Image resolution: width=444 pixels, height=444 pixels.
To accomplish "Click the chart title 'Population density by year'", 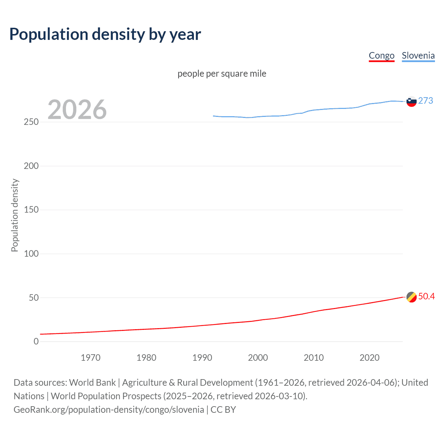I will [x=105, y=34].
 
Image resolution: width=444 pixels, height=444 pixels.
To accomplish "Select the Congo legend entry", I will [x=382, y=55].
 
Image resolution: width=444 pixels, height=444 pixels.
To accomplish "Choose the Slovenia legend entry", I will [x=418, y=55].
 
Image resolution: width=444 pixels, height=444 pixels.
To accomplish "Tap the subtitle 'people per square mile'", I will [x=222, y=74].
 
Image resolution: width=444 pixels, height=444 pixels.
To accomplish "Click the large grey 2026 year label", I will [x=77, y=110].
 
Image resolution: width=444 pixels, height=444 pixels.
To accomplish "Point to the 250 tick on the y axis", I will [x=31, y=122].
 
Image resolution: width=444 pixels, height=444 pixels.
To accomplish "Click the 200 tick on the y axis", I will [x=31, y=166].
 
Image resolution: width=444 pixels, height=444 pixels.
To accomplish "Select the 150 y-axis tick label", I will [x=31, y=210].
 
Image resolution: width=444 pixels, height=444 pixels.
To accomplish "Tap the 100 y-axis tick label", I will [x=31, y=254].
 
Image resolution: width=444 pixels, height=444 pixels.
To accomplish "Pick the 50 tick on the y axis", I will [x=34, y=298].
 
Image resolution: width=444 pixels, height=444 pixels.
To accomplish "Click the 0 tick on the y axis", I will [x=36, y=342].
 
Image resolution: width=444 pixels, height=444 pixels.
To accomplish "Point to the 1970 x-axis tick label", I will [x=91, y=358].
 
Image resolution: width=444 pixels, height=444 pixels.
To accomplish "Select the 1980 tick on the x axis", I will [x=146, y=358].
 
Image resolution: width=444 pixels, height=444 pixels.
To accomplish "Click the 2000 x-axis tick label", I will [x=258, y=358].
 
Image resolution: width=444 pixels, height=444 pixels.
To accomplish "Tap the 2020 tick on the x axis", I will [x=369, y=358].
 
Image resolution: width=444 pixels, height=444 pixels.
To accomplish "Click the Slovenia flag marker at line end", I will [x=411, y=102].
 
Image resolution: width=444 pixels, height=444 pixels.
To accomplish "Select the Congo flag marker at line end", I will [x=411, y=297].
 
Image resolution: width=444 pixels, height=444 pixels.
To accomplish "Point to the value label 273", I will [x=426, y=101].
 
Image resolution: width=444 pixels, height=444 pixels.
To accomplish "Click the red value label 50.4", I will [x=426, y=296].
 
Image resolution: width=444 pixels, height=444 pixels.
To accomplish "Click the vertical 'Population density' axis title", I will [x=15, y=215].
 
